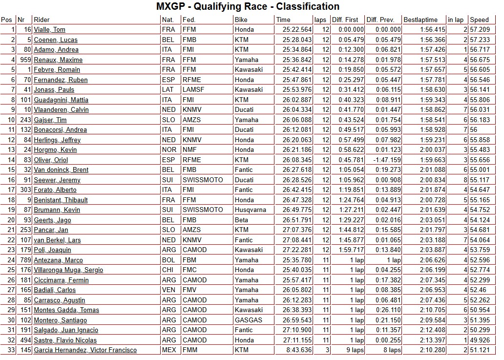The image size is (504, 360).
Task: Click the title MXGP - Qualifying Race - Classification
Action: click(x=248, y=7)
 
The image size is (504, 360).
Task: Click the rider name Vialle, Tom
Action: click(x=49, y=30)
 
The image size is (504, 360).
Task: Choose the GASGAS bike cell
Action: click(x=249, y=320)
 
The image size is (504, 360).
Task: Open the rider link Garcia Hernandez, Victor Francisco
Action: click(x=85, y=350)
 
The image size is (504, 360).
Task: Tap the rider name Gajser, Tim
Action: click(x=50, y=120)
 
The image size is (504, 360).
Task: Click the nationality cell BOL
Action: click(x=168, y=260)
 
